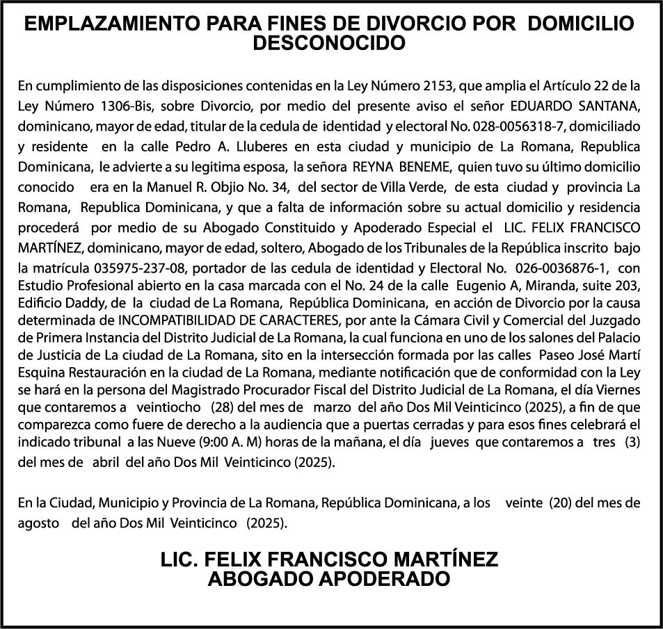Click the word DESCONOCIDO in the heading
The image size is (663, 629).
330,43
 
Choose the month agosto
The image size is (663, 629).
38,522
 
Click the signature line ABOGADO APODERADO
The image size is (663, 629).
330,579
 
